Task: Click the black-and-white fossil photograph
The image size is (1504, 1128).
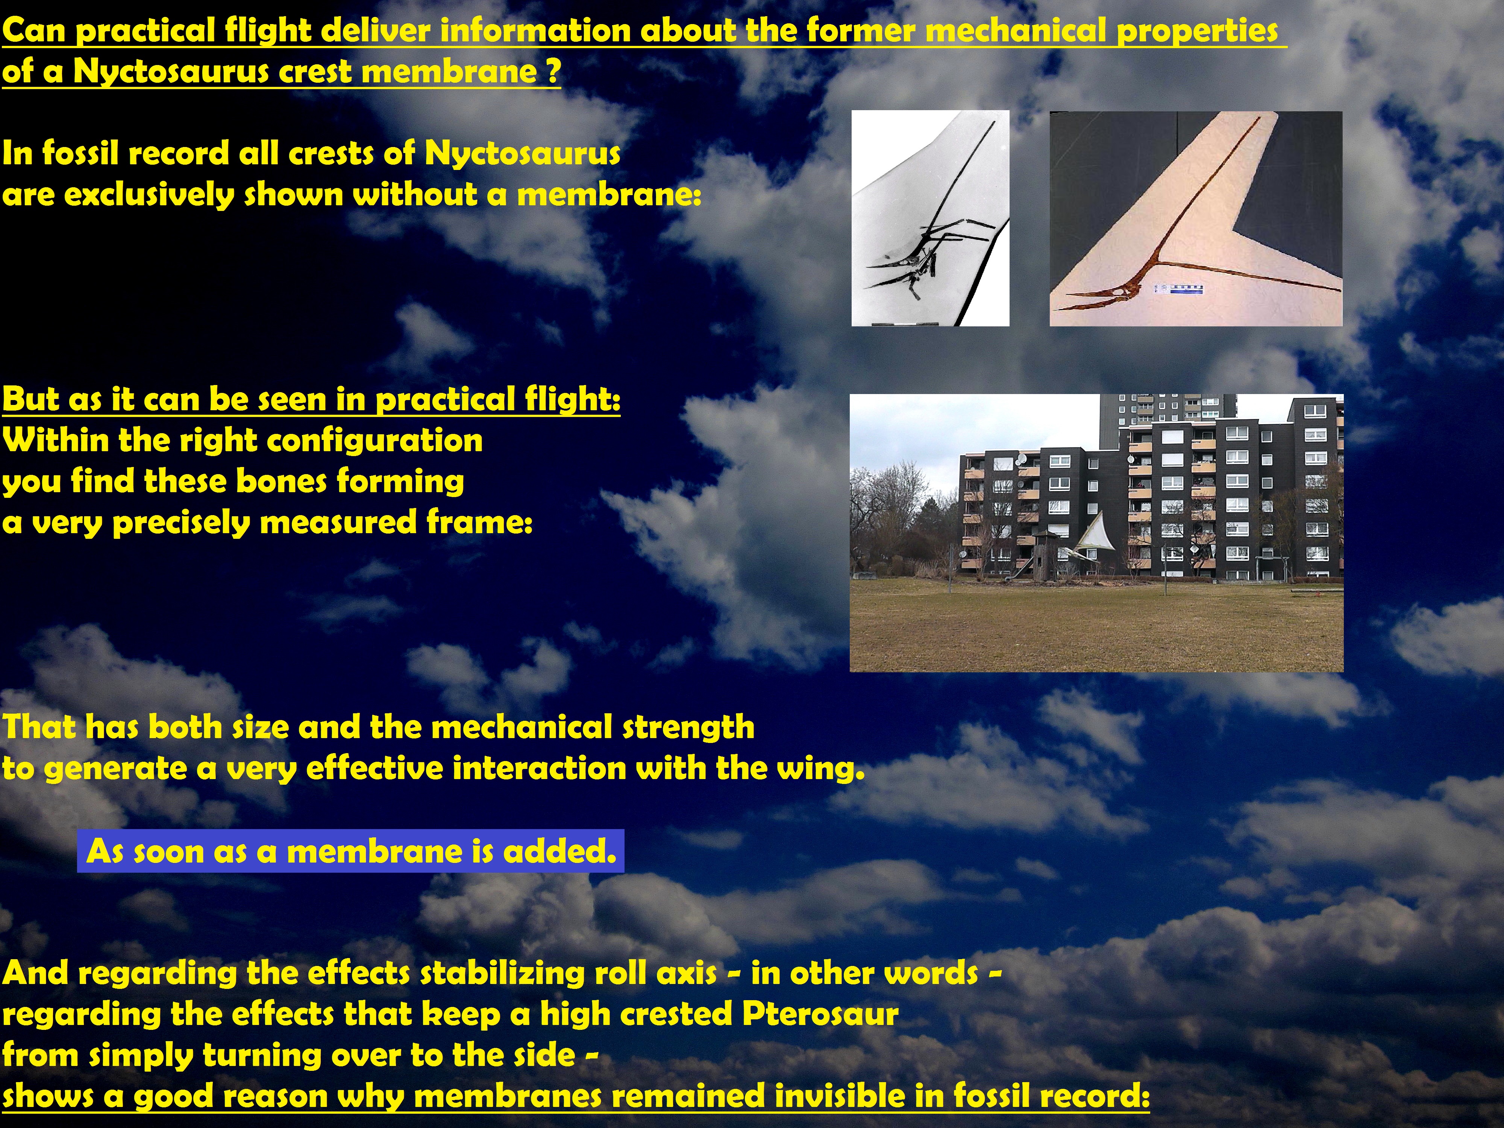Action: click(930, 218)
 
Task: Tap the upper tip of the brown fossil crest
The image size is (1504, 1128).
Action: click(1259, 119)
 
